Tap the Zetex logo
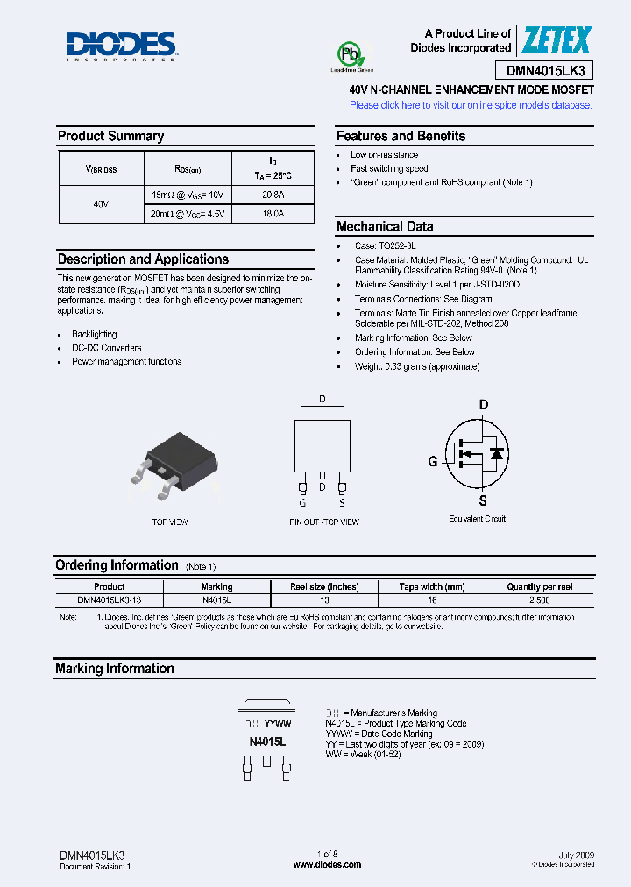point(557,40)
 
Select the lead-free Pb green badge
point(351,57)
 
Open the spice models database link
point(471,105)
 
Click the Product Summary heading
point(110,136)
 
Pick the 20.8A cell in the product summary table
point(273,195)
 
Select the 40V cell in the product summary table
point(100,203)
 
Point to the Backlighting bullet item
point(94,334)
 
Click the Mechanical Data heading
point(385,226)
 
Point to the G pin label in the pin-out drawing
point(302,502)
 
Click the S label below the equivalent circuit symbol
point(482,501)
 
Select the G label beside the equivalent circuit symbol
point(432,462)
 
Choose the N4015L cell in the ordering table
point(216,600)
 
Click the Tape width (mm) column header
point(431,586)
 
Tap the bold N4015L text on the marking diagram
point(267,742)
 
